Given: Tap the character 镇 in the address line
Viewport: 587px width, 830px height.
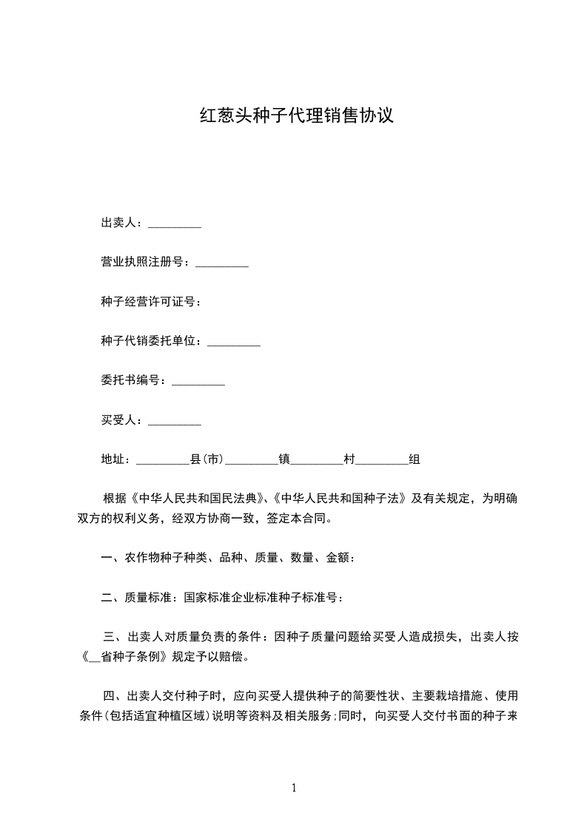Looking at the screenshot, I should [x=284, y=460].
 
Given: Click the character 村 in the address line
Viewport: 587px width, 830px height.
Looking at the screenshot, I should [x=349, y=460].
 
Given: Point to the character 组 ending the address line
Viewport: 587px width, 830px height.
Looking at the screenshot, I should [x=415, y=460].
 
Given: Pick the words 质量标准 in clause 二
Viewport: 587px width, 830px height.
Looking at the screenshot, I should [x=148, y=597].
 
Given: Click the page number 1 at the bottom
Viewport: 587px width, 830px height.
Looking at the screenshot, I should [x=294, y=788].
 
